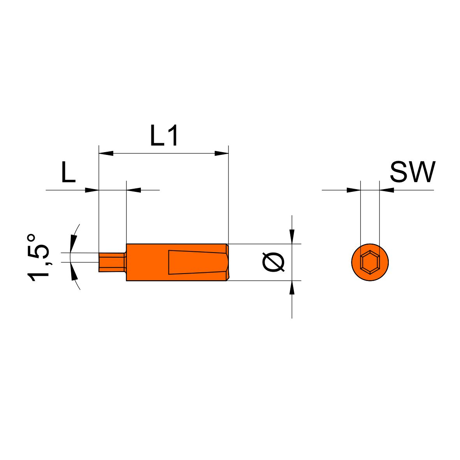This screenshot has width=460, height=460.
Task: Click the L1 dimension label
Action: (x=164, y=135)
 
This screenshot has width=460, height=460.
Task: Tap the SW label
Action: (x=413, y=172)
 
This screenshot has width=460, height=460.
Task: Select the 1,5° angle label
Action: (x=38, y=257)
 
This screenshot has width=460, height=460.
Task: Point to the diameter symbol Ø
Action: (x=274, y=262)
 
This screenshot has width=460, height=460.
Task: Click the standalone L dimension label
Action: (x=68, y=172)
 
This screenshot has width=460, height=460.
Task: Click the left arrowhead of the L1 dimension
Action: (x=106, y=153)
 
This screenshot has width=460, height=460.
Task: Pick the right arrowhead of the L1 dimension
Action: (x=221, y=153)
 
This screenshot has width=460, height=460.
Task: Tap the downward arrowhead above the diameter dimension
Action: (x=291, y=237)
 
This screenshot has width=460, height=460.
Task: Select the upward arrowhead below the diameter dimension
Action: (x=291, y=288)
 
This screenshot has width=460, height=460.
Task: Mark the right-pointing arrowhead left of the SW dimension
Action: (x=353, y=190)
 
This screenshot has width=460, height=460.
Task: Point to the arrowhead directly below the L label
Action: (x=91, y=190)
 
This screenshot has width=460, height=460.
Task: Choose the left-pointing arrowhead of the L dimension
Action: (x=133, y=190)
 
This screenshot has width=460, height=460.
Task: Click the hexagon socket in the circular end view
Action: (x=370, y=262)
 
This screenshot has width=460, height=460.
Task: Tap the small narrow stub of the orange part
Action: (x=111, y=262)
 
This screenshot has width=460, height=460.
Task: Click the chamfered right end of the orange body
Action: (x=227, y=262)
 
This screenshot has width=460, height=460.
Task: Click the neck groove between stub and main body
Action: (x=125, y=262)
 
